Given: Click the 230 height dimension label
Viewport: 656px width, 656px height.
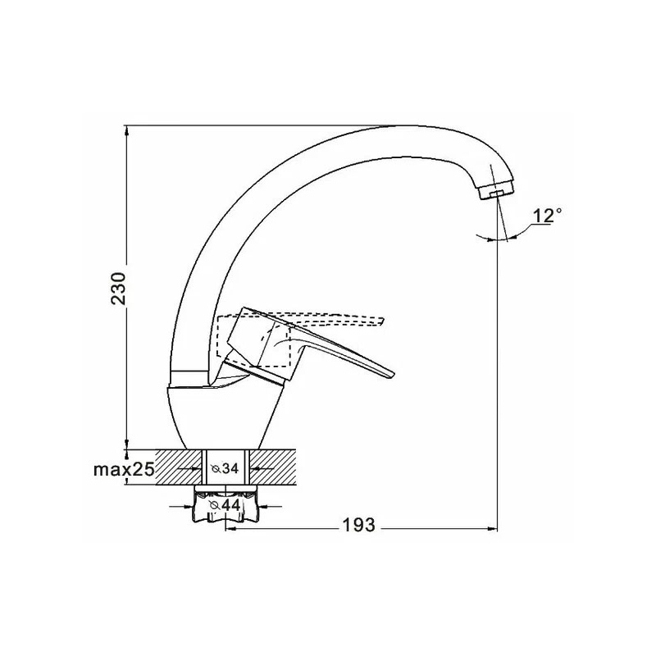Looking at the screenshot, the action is tap(118, 289).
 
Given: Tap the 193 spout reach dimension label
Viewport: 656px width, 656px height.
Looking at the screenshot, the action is tap(359, 525).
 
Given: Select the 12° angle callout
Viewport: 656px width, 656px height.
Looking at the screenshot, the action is tap(547, 216).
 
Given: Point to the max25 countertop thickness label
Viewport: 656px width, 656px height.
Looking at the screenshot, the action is tap(124, 469).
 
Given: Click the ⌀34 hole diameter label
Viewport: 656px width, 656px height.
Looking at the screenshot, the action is tap(225, 468).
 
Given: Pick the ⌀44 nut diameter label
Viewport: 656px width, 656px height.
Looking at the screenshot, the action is tap(225, 505).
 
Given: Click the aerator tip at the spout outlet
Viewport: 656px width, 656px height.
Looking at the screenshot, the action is tap(496, 193).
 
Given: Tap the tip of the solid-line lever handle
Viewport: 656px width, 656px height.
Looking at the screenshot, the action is tap(394, 373).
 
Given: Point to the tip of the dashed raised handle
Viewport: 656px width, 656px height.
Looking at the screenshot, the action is tap(383, 321).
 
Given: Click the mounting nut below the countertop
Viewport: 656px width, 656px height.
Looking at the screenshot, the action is tap(225, 504).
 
